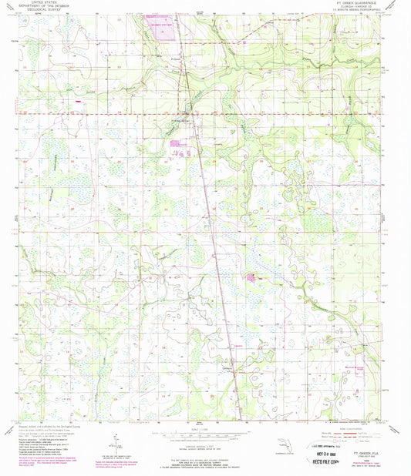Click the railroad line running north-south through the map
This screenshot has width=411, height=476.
pos(208,231)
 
